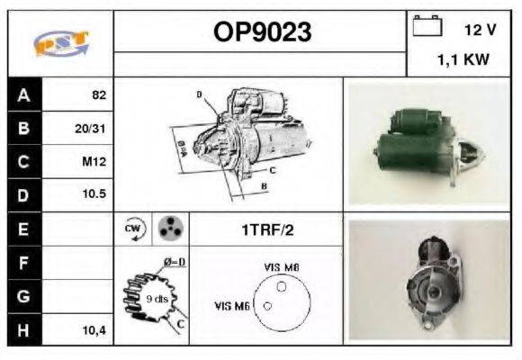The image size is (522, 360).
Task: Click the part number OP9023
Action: tap(262, 32)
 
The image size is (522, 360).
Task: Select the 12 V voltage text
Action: tap(480, 30)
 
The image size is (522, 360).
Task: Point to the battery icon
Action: tap(425, 27)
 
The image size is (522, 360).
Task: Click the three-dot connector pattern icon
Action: tap(168, 229)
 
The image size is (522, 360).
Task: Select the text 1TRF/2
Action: tap(266, 229)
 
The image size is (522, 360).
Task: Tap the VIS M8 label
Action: tap(282, 267)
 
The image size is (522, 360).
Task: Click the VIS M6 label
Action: tap(232, 306)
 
